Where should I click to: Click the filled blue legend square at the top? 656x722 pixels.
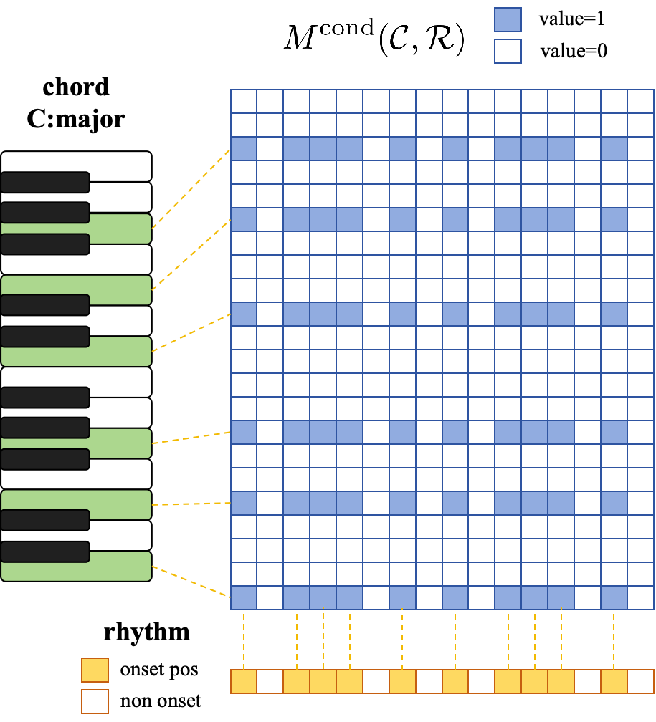click(508, 19)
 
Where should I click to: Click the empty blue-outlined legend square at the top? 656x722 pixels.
click(508, 51)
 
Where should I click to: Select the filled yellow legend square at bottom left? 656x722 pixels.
click(95, 670)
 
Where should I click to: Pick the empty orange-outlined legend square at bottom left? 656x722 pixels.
click(95, 701)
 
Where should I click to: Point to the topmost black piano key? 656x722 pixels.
click(45, 182)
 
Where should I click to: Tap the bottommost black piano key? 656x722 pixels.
click(45, 552)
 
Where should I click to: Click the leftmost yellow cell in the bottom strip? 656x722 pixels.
click(244, 681)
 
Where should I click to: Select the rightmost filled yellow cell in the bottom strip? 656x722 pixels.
click(614, 681)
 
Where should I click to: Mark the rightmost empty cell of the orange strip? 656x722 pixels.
click(640, 681)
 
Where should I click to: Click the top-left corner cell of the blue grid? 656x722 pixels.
click(244, 101)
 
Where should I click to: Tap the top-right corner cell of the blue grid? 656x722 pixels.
click(640, 101)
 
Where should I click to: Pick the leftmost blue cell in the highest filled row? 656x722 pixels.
click(244, 148)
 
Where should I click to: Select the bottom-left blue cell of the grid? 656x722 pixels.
click(244, 597)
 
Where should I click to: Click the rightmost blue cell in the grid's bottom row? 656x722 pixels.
click(614, 597)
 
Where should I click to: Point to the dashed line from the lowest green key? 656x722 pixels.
click(191, 581)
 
